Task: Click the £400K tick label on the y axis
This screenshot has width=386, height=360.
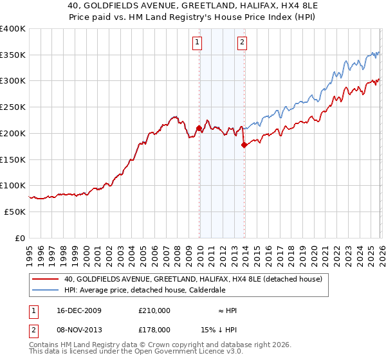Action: (x=13, y=29)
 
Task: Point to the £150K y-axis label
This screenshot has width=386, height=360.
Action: (x=13, y=159)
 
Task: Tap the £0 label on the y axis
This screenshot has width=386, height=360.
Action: (x=20, y=238)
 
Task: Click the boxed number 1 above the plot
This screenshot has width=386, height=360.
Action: (x=197, y=43)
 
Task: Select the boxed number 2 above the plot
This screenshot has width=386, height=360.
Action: (x=243, y=43)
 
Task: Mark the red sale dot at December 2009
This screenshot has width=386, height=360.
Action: (x=199, y=129)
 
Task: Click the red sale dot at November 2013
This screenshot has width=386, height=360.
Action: (x=244, y=145)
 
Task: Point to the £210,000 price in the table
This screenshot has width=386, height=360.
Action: (x=154, y=310)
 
